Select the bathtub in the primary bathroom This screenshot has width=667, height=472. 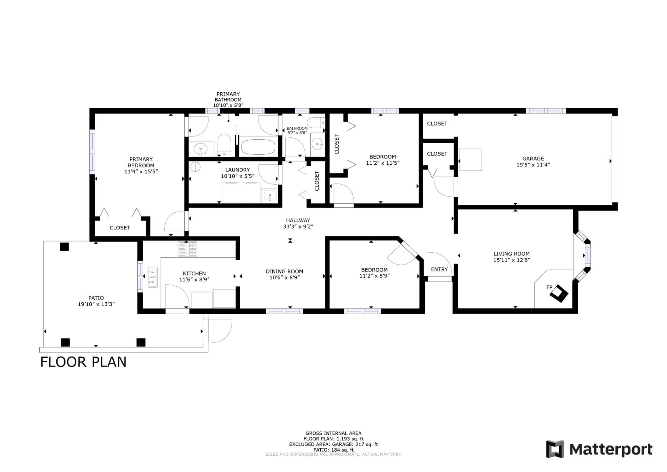(x=258, y=147)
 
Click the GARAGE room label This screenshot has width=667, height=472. (x=533, y=158)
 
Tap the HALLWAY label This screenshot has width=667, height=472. (x=298, y=220)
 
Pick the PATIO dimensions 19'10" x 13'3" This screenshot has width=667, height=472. (x=96, y=304)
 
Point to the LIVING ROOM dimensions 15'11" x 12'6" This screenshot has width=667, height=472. (x=512, y=260)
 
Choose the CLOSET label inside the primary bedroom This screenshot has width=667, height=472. (x=120, y=228)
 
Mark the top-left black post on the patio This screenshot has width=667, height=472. (x=64, y=247)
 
